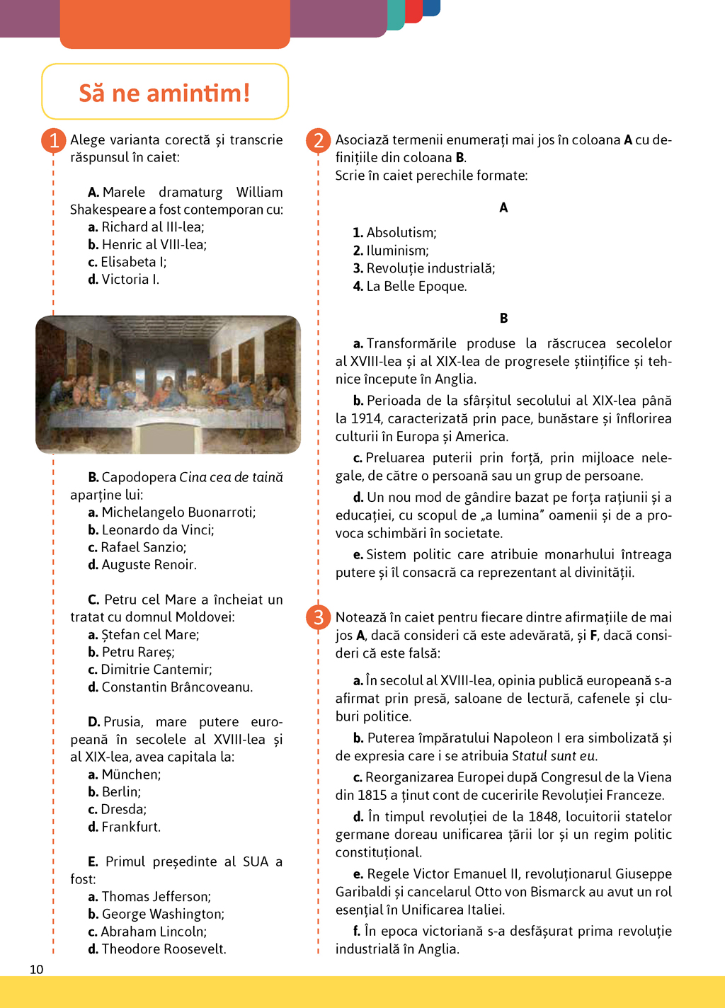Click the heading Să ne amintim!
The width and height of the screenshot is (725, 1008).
coord(164,93)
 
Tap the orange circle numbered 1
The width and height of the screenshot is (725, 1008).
coord(54,140)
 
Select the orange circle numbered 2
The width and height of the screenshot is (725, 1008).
coord(319,140)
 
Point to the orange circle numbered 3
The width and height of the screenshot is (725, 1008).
coord(319,617)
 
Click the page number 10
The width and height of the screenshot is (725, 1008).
coord(37,969)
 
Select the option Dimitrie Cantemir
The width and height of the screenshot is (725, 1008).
coord(156,670)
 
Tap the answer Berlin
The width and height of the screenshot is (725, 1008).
coord(121,792)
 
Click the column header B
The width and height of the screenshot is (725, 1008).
coord(503,319)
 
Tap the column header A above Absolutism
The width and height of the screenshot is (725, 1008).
coord(503,207)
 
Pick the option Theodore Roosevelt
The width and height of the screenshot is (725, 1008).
coord(164,949)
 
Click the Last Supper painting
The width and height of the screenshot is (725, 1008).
coord(169,384)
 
